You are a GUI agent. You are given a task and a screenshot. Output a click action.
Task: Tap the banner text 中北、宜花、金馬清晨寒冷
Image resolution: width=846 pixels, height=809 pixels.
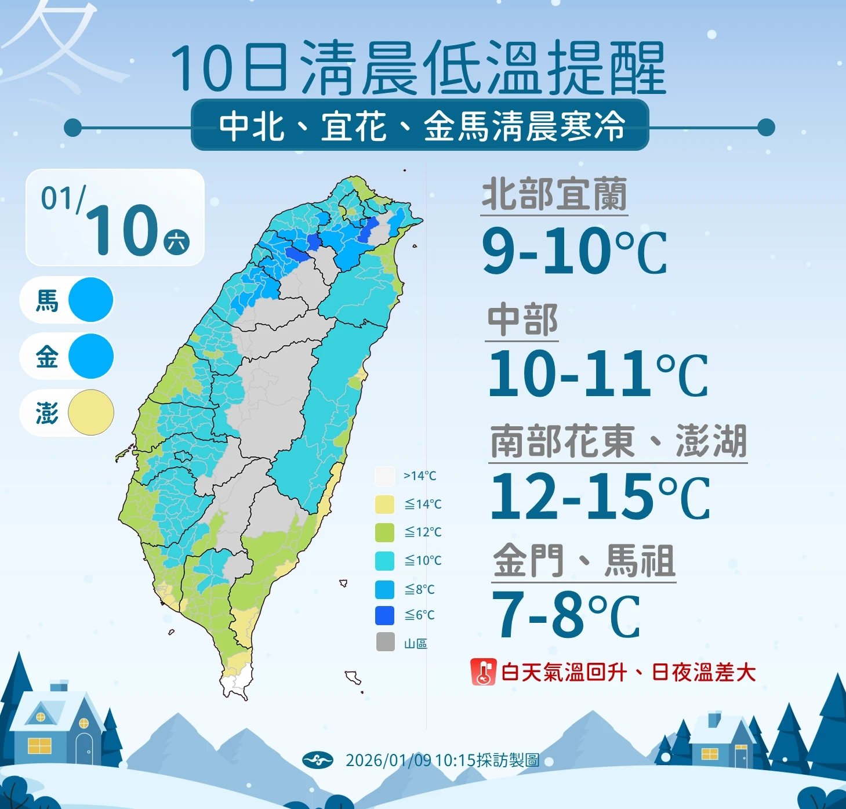coord(422,126)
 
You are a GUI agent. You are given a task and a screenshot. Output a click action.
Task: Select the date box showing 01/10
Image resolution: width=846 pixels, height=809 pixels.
coord(115,218)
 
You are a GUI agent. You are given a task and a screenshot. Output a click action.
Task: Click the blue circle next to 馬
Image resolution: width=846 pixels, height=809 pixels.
coord(90,300)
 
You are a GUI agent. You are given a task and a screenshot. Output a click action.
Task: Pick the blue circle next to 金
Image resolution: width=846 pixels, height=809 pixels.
coord(90,356)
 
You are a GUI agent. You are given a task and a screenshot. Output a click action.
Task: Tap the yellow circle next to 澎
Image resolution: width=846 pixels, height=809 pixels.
coord(90,413)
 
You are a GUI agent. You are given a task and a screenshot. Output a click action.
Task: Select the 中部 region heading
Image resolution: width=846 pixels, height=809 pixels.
coord(522,320)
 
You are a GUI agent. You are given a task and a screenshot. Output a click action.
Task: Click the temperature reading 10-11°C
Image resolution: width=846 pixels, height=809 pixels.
coord(597,374)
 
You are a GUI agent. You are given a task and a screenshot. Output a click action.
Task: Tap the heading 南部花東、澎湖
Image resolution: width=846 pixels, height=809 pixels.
coord(618,442)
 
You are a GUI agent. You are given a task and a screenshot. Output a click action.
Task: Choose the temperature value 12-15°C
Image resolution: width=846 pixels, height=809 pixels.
coord(599,498)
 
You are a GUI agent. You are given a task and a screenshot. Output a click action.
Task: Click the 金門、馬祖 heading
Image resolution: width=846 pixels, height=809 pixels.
coord(584,561)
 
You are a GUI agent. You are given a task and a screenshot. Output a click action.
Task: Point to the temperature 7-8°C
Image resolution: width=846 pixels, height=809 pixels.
coord(565,616)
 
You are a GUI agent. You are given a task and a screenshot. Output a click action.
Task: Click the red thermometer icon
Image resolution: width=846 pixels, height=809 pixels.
coord(483,672)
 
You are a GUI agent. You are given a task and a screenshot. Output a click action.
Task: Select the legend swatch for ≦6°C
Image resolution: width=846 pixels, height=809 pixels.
coord(385,615)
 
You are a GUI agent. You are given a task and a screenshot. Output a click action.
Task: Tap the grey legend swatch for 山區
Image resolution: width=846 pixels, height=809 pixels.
coord(385,642)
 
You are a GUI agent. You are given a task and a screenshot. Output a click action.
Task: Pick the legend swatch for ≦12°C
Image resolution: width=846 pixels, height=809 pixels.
coord(385,532)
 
